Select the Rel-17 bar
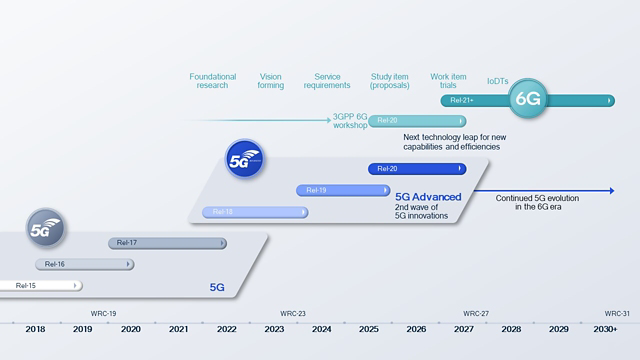pos(167,243)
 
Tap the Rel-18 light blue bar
pos(254,212)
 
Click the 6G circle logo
pos(527,100)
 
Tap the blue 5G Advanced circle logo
pos(244,159)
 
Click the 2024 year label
pos(322,329)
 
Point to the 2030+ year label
pos(605,329)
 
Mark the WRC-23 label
pos(293,313)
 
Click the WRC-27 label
pos(476,313)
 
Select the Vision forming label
pos(270,80)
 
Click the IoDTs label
pos(497,80)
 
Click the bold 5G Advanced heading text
pos(428,198)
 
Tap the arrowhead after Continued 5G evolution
pos(609,190)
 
